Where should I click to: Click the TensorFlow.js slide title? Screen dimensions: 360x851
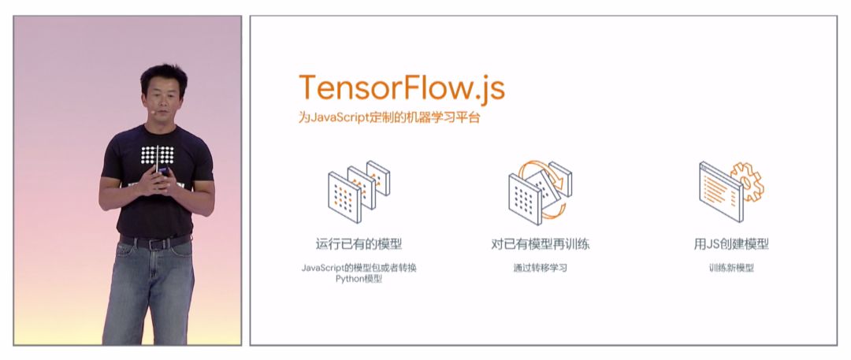(401, 87)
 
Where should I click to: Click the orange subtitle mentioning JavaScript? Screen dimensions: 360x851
(389, 119)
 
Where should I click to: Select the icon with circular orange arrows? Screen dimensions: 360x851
(540, 188)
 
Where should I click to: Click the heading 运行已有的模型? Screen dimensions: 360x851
(359, 244)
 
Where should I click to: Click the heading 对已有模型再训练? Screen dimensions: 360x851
(540, 244)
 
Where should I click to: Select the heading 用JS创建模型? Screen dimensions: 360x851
(730, 244)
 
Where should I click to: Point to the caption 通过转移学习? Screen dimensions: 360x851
(540, 268)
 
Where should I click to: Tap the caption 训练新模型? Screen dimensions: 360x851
(730, 268)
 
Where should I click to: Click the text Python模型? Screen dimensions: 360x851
(359, 279)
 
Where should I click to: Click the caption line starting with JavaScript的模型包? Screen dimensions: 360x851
(359, 268)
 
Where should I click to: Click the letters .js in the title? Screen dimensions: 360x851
(485, 88)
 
